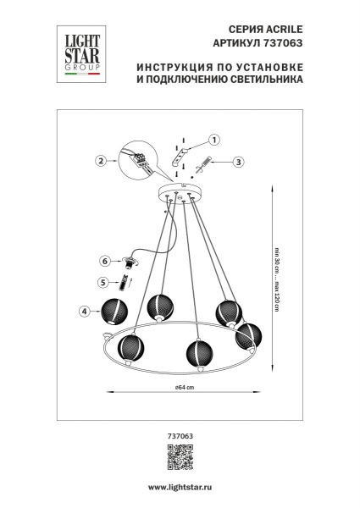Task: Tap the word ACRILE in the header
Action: (281, 28)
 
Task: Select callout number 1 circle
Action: (214, 141)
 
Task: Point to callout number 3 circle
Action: (238, 161)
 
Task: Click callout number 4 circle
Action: (85, 312)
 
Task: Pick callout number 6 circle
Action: (105, 261)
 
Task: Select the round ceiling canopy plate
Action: (180, 193)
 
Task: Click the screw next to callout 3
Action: (206, 165)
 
